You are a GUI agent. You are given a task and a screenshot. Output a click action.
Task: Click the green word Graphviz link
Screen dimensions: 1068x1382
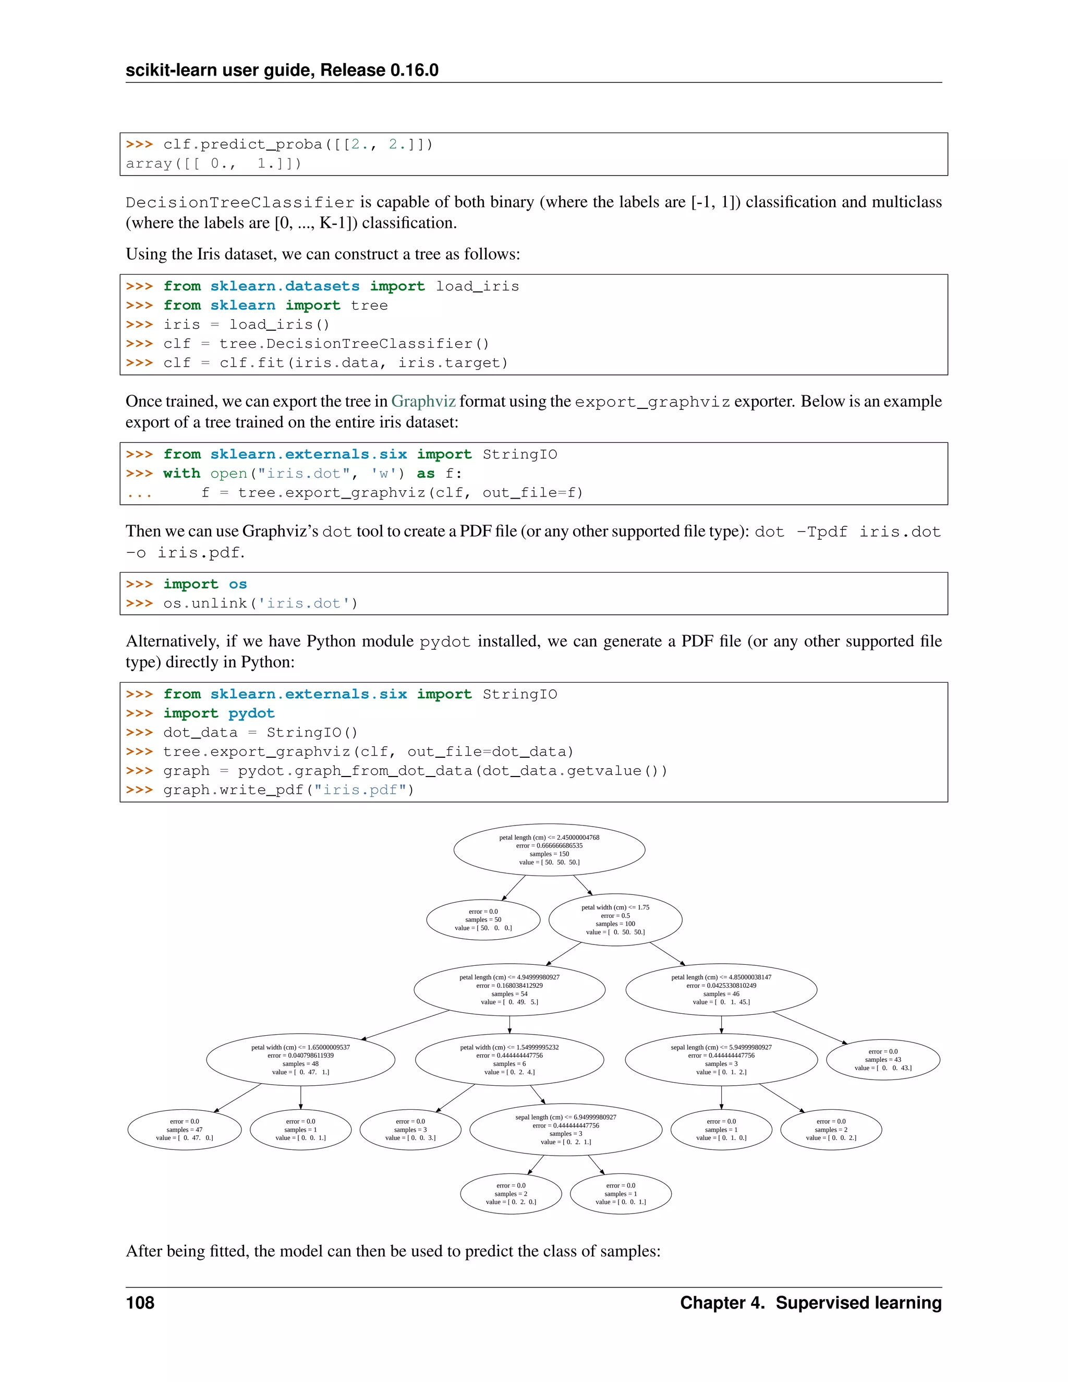(423, 401)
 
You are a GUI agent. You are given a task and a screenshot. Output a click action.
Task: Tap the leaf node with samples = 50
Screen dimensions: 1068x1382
(483, 920)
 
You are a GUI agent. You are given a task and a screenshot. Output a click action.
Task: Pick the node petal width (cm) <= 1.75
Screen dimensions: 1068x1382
(615, 920)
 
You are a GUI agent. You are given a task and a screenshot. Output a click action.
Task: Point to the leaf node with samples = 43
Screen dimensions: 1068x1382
(883, 1059)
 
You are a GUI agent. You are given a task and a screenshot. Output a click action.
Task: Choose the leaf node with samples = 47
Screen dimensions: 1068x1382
(184, 1130)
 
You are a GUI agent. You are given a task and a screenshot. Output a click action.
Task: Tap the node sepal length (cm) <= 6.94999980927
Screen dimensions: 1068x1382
(566, 1130)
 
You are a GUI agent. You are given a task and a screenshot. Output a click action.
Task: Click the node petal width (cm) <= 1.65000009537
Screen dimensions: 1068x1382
(300, 1059)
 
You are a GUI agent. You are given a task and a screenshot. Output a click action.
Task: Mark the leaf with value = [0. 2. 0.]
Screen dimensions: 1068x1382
(511, 1193)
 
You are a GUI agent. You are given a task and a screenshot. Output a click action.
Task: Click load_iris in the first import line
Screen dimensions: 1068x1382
(477, 287)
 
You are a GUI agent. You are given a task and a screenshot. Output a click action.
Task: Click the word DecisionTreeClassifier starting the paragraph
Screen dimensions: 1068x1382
(240, 202)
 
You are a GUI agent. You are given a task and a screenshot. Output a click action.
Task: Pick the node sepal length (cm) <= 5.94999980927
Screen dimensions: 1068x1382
(721, 1059)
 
